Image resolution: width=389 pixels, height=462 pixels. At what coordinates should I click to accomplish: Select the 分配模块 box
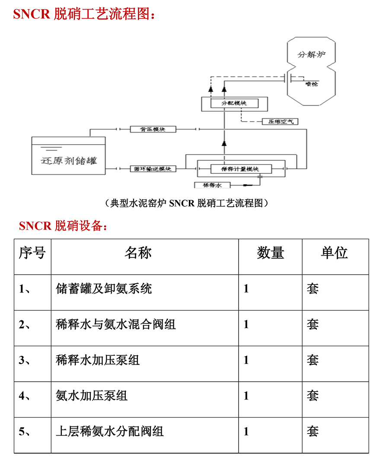(x=234, y=104)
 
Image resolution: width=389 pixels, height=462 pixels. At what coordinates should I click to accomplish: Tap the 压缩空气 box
(x=280, y=121)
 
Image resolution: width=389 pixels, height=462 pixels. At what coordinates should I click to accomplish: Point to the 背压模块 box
(x=153, y=129)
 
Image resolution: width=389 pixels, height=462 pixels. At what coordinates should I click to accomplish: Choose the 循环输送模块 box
(x=153, y=168)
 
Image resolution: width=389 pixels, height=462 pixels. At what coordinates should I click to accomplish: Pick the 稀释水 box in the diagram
(x=212, y=185)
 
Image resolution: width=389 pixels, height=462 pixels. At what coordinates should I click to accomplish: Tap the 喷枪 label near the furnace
(x=311, y=84)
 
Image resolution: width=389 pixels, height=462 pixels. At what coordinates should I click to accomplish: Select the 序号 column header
(x=32, y=253)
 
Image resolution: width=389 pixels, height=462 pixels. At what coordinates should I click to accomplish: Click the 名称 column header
(x=138, y=253)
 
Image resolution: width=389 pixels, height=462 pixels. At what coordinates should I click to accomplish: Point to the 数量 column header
(x=271, y=253)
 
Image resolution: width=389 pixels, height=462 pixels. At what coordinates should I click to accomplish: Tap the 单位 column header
(x=334, y=253)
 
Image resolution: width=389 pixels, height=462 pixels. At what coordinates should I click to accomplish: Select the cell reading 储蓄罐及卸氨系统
(x=104, y=288)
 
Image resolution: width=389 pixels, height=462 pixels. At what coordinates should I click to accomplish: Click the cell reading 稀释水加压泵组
(x=98, y=360)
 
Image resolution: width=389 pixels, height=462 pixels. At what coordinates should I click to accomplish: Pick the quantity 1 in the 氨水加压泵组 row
(x=246, y=396)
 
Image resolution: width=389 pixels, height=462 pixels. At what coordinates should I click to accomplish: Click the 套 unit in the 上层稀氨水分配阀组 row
(x=313, y=431)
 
